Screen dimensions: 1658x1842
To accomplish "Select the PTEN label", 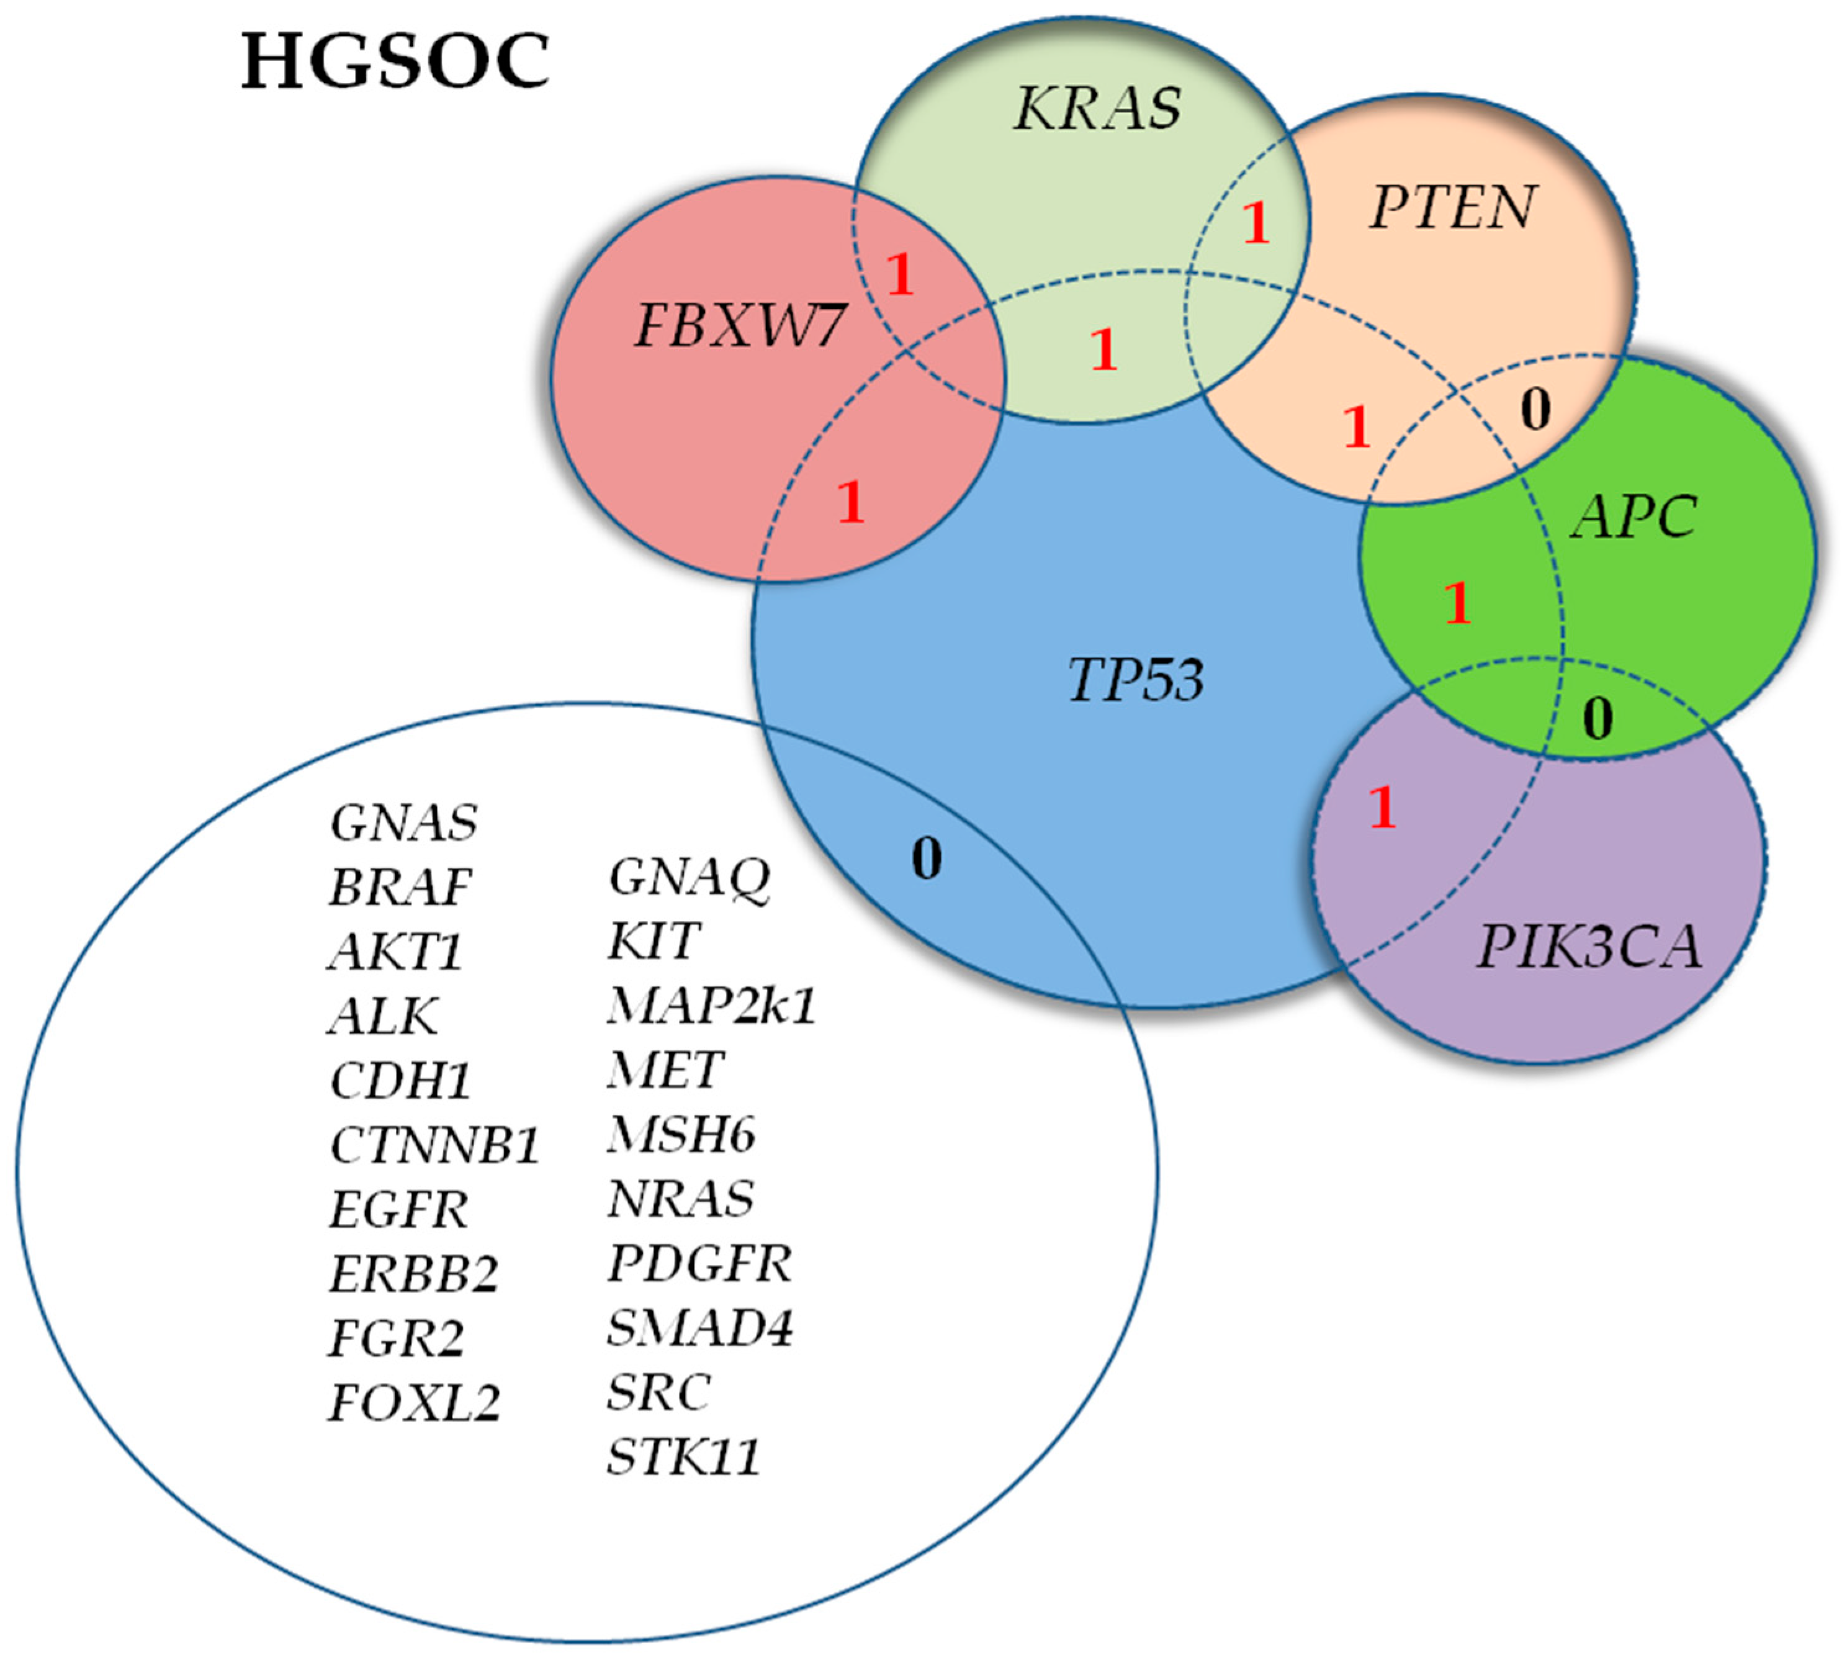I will (x=1453, y=208).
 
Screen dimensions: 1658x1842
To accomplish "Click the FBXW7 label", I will (x=739, y=325).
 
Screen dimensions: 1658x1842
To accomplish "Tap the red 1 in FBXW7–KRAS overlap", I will (x=900, y=274).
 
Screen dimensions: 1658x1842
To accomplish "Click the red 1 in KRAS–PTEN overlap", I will (x=1256, y=223).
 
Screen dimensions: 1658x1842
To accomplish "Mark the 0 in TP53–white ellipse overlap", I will (x=927, y=858).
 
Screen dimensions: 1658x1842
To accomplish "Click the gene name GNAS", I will (x=403, y=822).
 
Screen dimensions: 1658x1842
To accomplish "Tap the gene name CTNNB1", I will (x=434, y=1145).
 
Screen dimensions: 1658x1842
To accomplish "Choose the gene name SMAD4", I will (x=699, y=1327).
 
